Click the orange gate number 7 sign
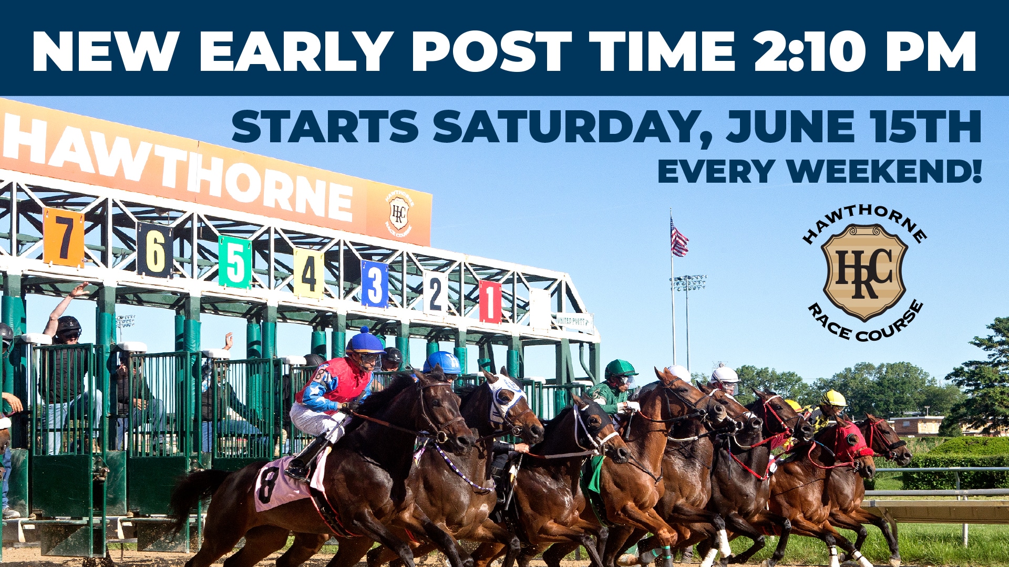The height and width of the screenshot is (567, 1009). point(64,237)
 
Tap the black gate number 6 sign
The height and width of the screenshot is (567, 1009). point(155,250)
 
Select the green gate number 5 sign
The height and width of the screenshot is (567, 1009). point(235,262)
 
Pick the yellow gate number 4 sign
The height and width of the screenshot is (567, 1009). point(308,273)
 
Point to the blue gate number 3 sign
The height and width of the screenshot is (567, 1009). point(375,284)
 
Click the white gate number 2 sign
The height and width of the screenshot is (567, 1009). point(435,293)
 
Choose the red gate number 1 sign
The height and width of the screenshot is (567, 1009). point(490,301)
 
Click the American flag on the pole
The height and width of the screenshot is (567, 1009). point(678,239)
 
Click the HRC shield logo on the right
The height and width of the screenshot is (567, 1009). point(864,272)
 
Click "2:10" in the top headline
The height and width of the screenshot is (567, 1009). point(810,51)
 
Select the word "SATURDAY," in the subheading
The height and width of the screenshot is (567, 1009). point(573,127)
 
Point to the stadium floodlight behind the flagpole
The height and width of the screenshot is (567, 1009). point(688,283)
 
